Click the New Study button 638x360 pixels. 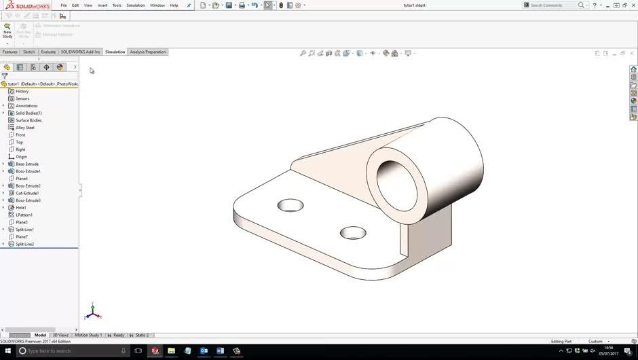click(x=7, y=30)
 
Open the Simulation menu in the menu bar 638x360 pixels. click(x=135, y=5)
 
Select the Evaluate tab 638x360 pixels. click(x=48, y=52)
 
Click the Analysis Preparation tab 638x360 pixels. click(x=147, y=52)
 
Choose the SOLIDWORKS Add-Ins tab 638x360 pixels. click(x=80, y=52)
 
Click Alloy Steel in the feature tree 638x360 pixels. click(x=25, y=128)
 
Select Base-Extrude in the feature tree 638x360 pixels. click(x=27, y=164)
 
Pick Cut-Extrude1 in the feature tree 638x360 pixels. click(x=27, y=193)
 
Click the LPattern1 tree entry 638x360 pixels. click(x=24, y=215)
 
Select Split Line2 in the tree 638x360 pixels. click(x=25, y=244)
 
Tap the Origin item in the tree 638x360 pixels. click(x=22, y=157)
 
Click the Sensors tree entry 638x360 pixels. click(x=22, y=98)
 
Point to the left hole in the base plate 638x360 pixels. click(x=290, y=205)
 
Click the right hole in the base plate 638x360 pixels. click(x=353, y=233)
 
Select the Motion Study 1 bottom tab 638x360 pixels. click(x=88, y=335)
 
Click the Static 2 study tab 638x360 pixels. click(x=141, y=335)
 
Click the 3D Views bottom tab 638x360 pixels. click(x=60, y=335)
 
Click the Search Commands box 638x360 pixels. click(x=552, y=5)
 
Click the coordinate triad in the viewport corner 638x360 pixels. click(x=93, y=312)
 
